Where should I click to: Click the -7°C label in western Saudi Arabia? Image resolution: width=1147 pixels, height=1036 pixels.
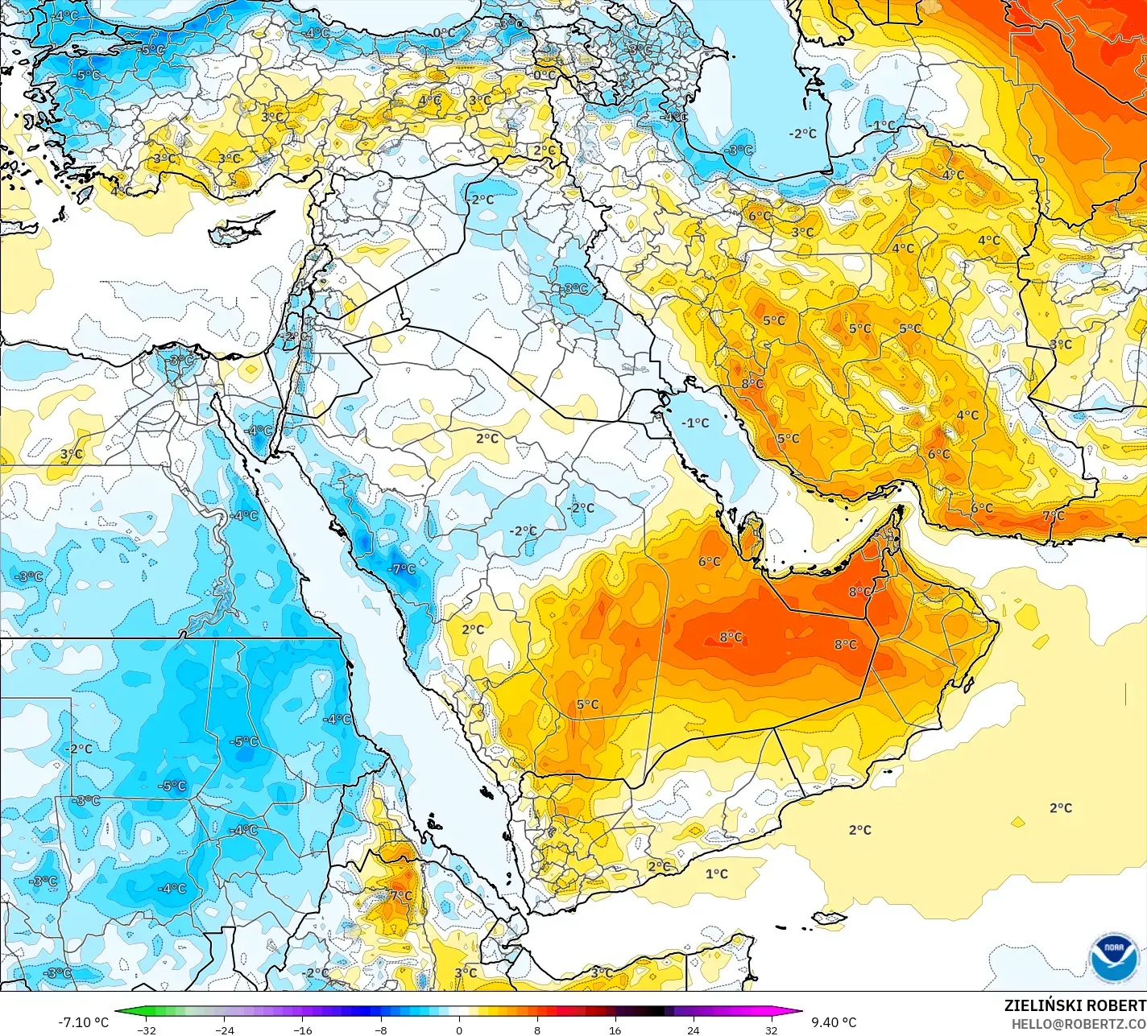tap(402, 569)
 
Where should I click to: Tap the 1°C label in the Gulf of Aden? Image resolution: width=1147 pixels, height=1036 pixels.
tap(717, 874)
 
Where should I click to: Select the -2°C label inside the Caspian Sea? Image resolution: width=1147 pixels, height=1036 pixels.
tap(802, 134)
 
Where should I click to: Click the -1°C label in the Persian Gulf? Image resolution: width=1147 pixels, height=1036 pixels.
tap(695, 423)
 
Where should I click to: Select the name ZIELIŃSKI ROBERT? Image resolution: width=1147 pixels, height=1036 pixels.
tap(1075, 1005)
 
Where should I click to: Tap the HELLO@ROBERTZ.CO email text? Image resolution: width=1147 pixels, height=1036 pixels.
tap(1079, 1023)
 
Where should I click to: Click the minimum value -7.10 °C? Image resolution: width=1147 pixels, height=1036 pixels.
tap(83, 1022)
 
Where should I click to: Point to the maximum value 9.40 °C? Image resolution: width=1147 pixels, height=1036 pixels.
tap(834, 1022)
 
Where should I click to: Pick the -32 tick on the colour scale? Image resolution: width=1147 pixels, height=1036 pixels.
tap(146, 1030)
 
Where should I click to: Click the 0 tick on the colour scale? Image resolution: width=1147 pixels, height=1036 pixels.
tap(459, 1030)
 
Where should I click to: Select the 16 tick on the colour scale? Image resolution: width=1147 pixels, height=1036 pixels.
tap(615, 1030)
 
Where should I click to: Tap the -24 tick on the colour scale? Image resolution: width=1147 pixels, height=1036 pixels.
tap(224, 1030)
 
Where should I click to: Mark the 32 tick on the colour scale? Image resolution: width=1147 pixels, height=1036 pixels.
tap(771, 1030)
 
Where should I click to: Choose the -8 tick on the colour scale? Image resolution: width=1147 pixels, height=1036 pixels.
tap(380, 1030)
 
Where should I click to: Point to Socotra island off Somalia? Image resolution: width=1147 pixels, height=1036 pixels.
tap(829, 918)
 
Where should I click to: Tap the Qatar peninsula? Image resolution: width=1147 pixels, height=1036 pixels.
tap(754, 536)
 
